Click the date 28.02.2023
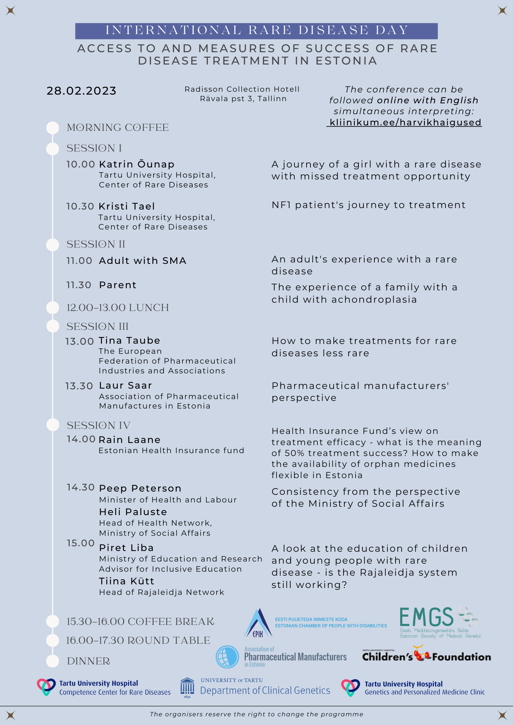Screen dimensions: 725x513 81,91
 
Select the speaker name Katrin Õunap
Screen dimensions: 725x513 137,164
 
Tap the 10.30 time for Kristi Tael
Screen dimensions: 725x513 80,206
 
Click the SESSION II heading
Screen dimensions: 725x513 96,244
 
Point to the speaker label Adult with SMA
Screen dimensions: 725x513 143,261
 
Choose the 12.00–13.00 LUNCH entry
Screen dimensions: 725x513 118,308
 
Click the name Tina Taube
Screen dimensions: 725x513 130,340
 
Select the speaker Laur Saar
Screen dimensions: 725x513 126,385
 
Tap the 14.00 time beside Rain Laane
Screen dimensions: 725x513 81,439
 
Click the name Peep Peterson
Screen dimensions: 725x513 140,488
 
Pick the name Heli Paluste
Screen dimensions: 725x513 133,512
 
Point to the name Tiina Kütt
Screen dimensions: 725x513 127,581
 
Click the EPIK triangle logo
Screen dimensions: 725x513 258,623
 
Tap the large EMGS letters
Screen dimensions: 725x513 426,617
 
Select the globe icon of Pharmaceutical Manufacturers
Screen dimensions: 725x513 227,657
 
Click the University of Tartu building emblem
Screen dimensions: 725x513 187,687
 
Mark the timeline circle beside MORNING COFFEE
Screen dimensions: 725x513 53,128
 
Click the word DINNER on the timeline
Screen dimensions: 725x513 89,661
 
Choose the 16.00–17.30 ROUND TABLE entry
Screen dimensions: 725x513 138,641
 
